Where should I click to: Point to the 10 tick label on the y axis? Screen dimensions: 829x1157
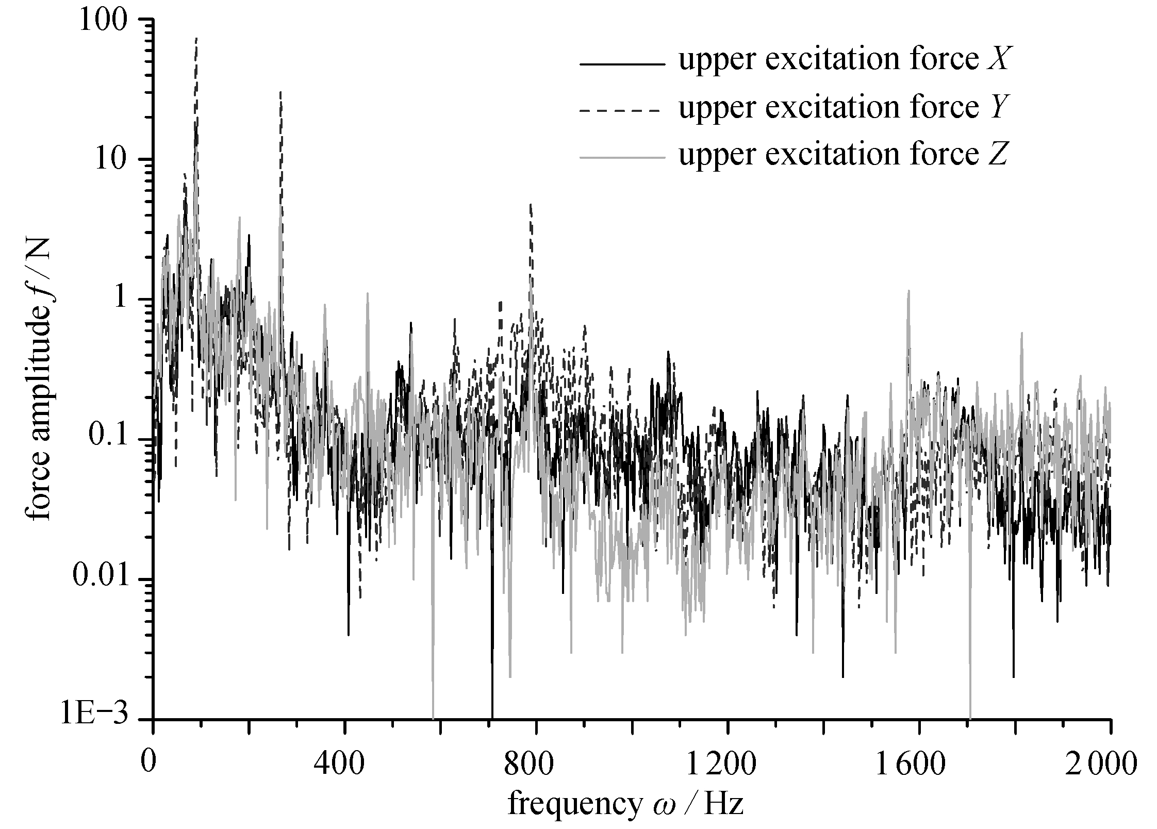pos(112,161)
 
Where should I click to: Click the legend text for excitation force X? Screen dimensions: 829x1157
pos(842,60)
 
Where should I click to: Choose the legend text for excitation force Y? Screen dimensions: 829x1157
pos(842,108)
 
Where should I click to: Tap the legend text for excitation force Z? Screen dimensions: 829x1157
pos(842,154)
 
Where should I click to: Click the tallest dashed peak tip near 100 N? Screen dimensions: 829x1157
pos(196,38)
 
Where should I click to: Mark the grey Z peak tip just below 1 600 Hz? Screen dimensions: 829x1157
pos(908,291)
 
